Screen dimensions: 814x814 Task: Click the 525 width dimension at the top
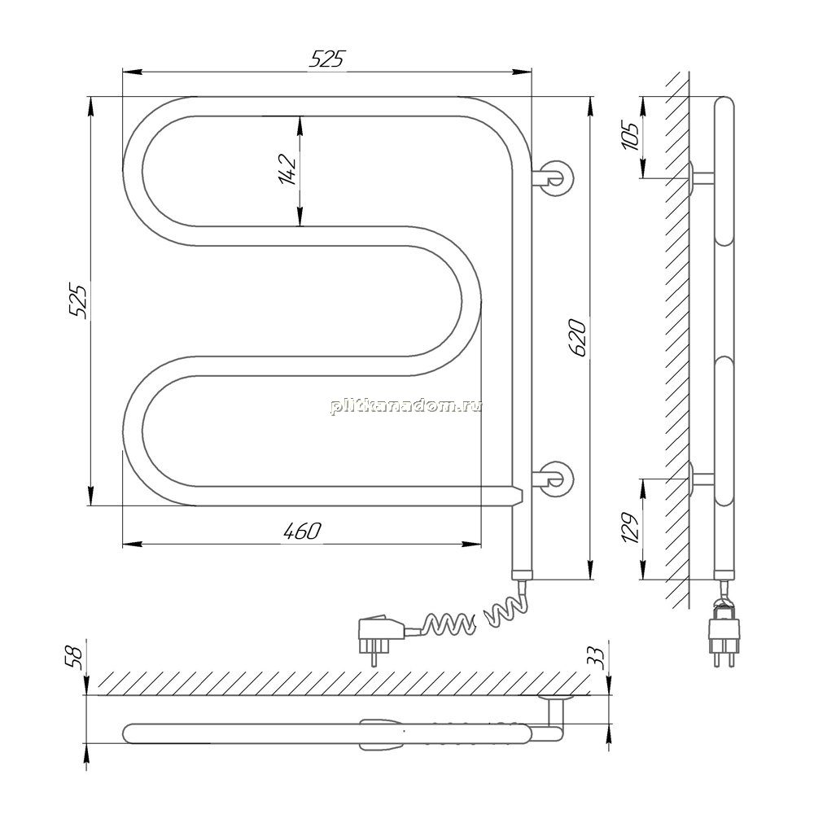[x=326, y=59]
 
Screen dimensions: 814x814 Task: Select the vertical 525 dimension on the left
[x=80, y=300]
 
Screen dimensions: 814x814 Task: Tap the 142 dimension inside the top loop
[x=287, y=170]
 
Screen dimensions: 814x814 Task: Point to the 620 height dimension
[x=578, y=338]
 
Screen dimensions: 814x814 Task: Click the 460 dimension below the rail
[x=303, y=531]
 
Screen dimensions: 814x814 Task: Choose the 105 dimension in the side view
[x=631, y=136]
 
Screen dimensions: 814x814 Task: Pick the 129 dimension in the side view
[x=631, y=527]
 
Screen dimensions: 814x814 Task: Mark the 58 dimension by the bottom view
[x=75, y=659]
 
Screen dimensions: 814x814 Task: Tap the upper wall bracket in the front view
[x=554, y=177]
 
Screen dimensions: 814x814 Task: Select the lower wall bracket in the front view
[x=554, y=479]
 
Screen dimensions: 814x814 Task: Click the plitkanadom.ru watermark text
[x=405, y=406]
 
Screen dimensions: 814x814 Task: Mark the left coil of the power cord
[x=448, y=623]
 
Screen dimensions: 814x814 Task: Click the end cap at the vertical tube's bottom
[x=522, y=575]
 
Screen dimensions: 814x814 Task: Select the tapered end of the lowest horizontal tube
[x=517, y=497]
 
